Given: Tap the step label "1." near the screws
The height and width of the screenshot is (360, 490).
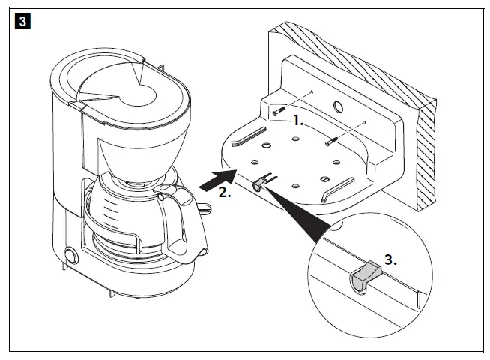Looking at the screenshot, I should point(298,120).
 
